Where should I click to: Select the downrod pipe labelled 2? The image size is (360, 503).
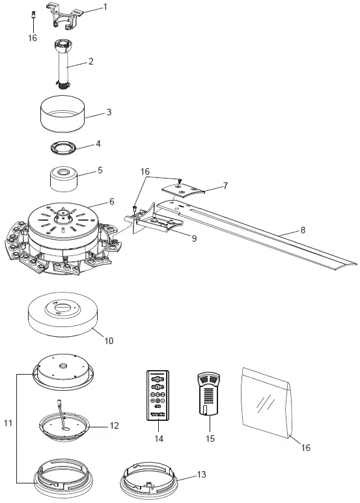[x=65, y=65]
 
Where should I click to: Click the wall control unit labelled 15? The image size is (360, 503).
[x=208, y=395]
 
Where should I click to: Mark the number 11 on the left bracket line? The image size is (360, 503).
[x=8, y=424]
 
